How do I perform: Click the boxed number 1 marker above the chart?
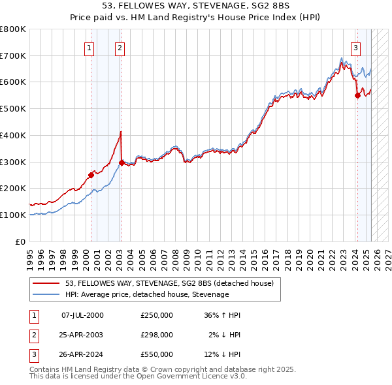click(x=89, y=47)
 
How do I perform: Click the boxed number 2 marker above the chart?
click(x=121, y=47)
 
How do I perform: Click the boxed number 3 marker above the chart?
click(x=355, y=47)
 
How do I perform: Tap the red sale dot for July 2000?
click(x=91, y=174)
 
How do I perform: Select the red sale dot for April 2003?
click(x=122, y=162)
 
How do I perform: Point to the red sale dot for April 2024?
click(x=357, y=95)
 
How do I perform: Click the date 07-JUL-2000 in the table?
click(x=82, y=315)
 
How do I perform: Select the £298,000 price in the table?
click(x=157, y=335)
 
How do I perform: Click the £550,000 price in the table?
click(x=157, y=354)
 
